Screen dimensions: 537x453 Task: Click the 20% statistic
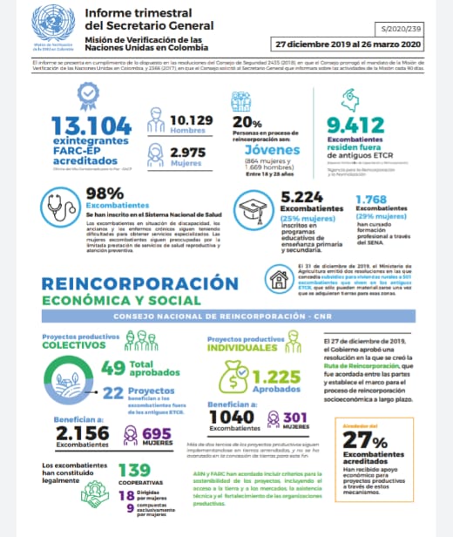(247, 121)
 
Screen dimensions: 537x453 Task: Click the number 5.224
(303, 198)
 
